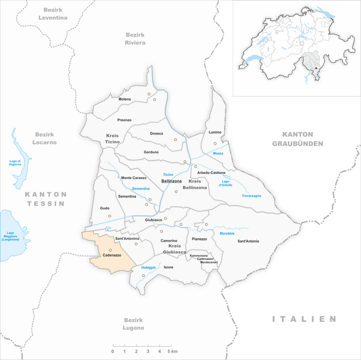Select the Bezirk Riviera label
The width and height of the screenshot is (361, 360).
pyautogui.click(x=136, y=39)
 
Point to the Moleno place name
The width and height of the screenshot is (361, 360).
pyautogui.click(x=125, y=98)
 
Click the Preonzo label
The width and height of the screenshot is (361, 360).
pyautogui.click(x=124, y=120)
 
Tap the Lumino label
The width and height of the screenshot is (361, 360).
pyautogui.click(x=215, y=131)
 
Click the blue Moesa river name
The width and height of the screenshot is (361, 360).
pyautogui.click(x=218, y=154)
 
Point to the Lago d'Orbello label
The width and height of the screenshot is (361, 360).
pyautogui.click(x=225, y=184)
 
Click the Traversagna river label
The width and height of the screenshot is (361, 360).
pyautogui.click(x=252, y=196)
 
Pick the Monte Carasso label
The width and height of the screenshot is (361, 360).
pyautogui.click(x=134, y=178)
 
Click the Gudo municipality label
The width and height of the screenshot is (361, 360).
pyautogui.click(x=105, y=208)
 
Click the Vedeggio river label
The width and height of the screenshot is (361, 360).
pyautogui.click(x=148, y=267)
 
